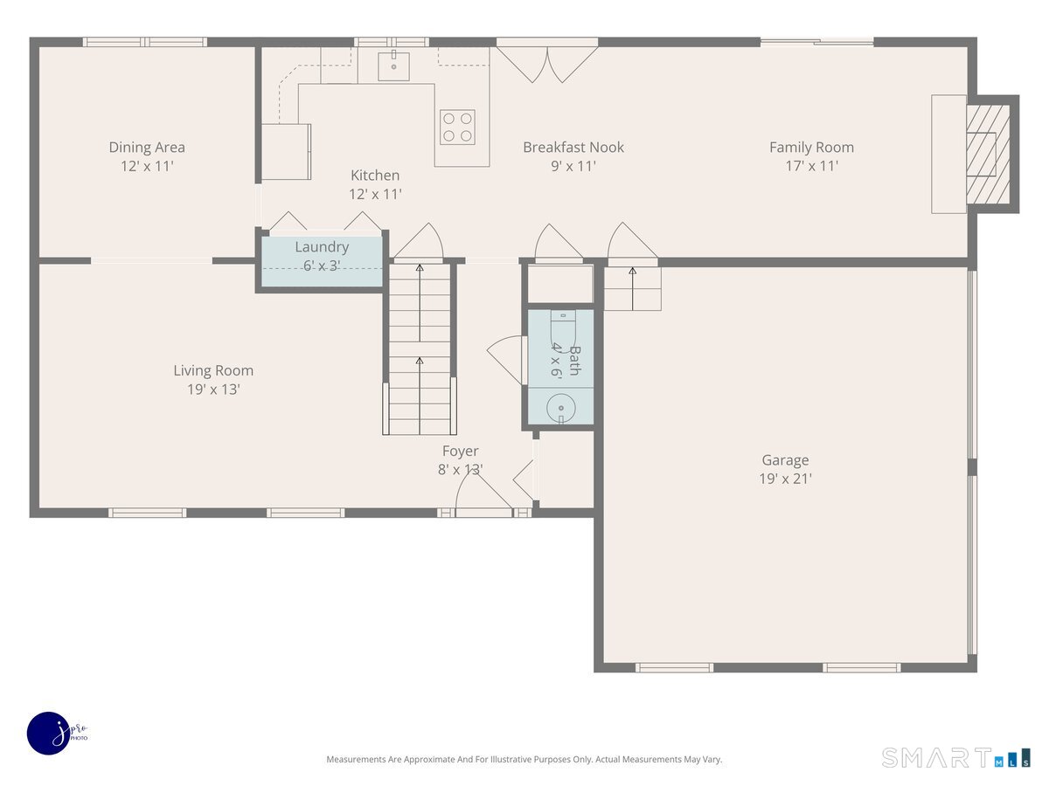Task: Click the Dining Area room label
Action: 147,148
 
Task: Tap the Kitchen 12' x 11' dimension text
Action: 375,194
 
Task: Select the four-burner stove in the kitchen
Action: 457,127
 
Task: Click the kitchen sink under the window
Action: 393,65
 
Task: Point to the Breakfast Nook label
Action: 573,148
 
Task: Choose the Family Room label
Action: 811,148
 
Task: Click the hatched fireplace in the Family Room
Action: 988,154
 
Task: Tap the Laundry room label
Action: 322,247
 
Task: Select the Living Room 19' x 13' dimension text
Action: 213,390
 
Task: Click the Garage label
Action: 785,460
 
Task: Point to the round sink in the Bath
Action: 561,409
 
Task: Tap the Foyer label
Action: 460,451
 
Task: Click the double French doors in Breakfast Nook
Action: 547,64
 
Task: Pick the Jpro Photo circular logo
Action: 49,733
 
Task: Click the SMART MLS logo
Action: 955,757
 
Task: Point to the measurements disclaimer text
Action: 524,759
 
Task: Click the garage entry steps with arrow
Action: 632,289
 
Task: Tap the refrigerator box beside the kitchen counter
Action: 286,152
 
